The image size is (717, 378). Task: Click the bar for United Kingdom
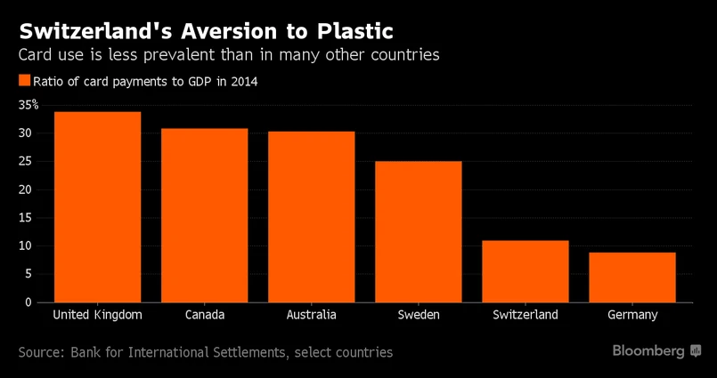tap(97, 206)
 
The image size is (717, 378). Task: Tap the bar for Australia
tap(311, 217)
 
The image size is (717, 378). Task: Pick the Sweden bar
tap(418, 231)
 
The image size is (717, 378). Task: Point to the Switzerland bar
tap(525, 271)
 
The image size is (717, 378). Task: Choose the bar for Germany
tap(631, 277)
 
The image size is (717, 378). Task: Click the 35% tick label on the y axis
tap(29, 105)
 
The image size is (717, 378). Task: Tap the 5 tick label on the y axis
tap(29, 274)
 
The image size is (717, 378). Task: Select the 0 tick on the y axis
tap(29, 302)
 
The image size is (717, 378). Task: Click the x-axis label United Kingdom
tap(97, 316)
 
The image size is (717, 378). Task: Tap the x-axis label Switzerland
tap(525, 316)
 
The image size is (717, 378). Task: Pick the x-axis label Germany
tap(631, 316)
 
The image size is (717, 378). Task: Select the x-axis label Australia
tap(311, 316)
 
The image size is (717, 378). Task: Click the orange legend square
tap(24, 81)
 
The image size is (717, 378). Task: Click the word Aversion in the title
tap(227, 32)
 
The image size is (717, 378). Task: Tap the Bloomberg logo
tap(657, 351)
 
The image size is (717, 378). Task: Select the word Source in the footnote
tap(41, 352)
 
